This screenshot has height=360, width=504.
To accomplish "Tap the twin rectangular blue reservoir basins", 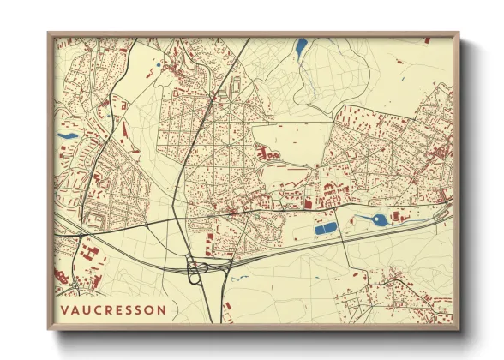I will [x=326, y=228].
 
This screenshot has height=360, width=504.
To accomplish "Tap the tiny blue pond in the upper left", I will [x=159, y=64].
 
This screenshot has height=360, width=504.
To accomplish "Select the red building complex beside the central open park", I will [x=264, y=154].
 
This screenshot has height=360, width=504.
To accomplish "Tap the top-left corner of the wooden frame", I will [x=50, y=34].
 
